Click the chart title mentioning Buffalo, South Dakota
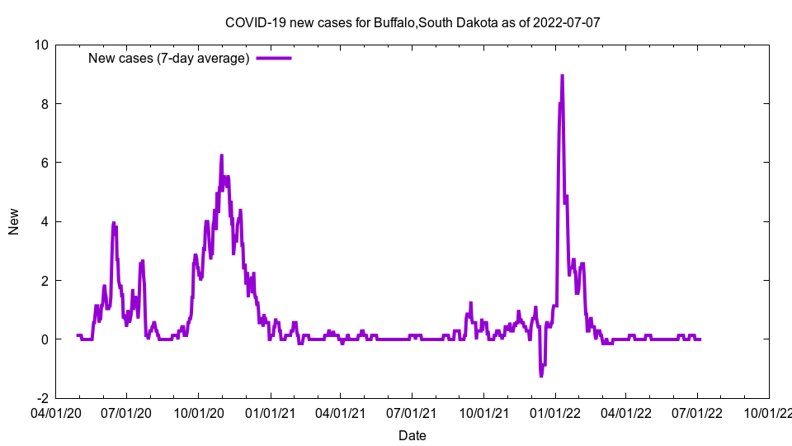412,22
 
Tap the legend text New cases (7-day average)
168,58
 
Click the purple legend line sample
274,58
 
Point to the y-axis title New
14,221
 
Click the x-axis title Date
412,435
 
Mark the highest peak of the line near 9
562,75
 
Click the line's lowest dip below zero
541,376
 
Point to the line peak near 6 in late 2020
221,155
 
